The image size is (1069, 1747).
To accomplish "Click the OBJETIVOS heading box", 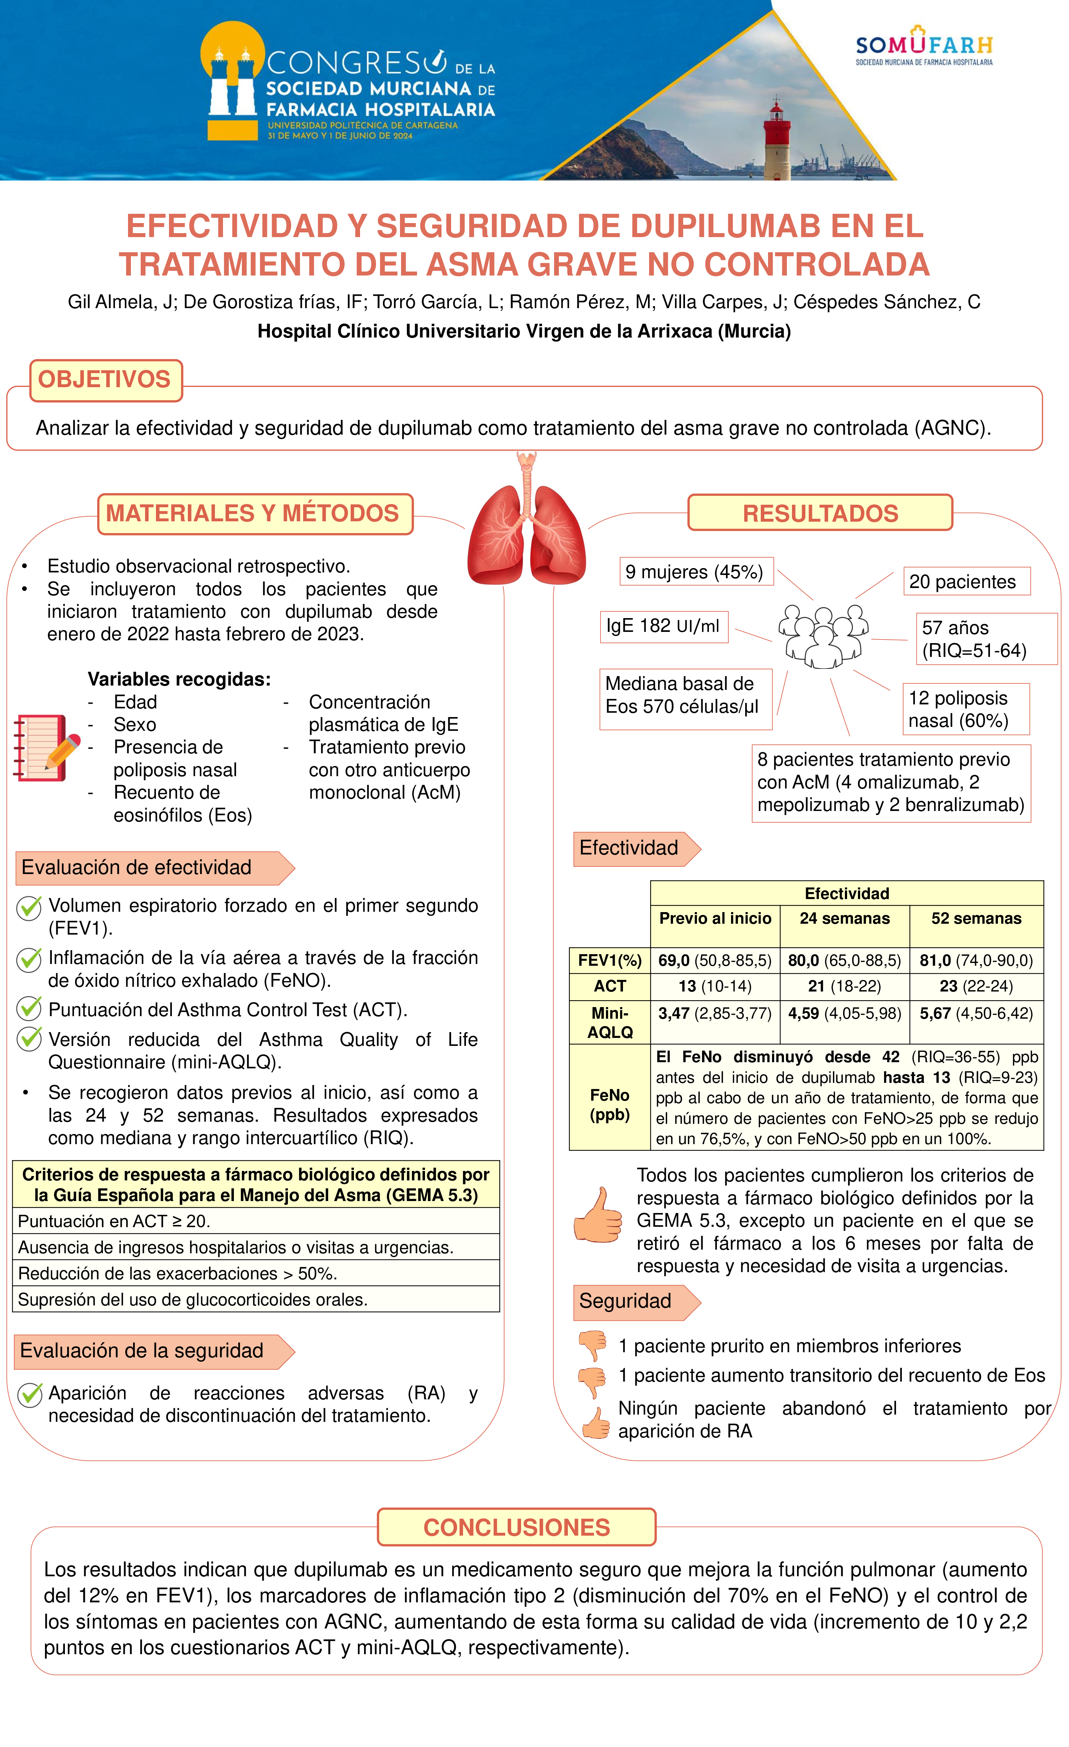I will click(105, 380).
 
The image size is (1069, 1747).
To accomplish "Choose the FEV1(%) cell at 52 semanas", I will click(976, 961).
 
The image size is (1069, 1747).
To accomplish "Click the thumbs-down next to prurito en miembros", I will click(592, 1344).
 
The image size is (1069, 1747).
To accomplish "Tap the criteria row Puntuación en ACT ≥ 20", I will click(255, 1221).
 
